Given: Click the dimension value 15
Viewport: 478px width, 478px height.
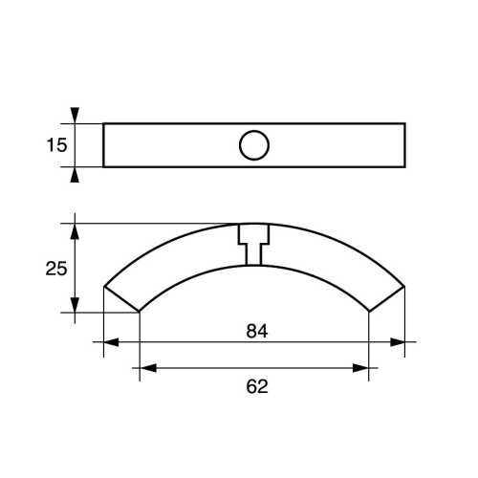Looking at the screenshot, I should (57, 145).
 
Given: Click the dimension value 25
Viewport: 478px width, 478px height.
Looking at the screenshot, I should (57, 269).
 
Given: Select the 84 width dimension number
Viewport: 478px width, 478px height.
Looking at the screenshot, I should (254, 331).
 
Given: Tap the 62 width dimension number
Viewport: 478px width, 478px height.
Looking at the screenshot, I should (254, 386).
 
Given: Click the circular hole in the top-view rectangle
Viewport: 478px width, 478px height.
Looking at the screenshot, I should (253, 145).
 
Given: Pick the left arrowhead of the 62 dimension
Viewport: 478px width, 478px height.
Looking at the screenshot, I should (147, 367).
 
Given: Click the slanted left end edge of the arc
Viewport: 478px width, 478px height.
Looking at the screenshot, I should (121, 298).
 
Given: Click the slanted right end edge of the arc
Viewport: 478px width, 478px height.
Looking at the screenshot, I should (386, 298).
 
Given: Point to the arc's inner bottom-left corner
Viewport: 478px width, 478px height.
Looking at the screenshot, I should (140, 312).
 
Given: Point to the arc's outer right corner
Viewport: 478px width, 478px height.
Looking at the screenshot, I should (404, 285).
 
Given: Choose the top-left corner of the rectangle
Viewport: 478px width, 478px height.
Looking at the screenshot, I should (103, 123).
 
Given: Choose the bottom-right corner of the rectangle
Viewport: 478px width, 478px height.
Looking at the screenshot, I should (404, 167).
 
